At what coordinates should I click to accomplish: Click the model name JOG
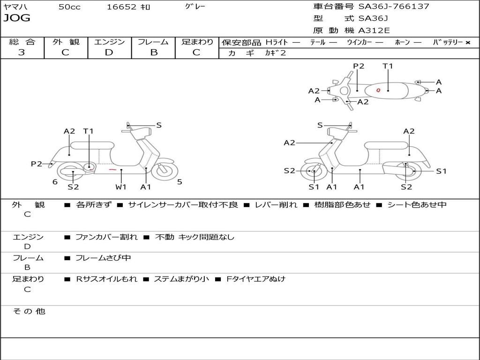tap(17, 19)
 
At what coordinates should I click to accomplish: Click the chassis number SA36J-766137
tap(394, 7)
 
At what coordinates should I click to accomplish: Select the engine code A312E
tap(374, 31)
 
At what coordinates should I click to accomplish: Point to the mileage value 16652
tap(121, 7)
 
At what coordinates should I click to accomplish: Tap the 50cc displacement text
tap(69, 7)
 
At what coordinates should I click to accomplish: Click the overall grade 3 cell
tap(22, 52)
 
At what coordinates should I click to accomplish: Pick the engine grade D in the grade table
tap(109, 52)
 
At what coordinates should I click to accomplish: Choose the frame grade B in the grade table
tap(153, 52)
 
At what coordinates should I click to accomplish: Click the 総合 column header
tap(22, 42)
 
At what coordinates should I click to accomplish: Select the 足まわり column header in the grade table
tap(197, 42)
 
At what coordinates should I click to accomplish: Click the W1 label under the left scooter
tap(121, 187)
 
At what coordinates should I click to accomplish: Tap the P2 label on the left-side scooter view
tap(37, 164)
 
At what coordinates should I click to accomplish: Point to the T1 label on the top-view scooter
tap(388, 66)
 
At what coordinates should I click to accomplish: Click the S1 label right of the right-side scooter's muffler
tap(441, 172)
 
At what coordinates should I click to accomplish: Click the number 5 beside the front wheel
tap(180, 182)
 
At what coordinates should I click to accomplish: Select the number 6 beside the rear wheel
tap(55, 182)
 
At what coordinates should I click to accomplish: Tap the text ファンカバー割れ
tap(106, 237)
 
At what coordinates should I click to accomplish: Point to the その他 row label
tap(29, 311)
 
